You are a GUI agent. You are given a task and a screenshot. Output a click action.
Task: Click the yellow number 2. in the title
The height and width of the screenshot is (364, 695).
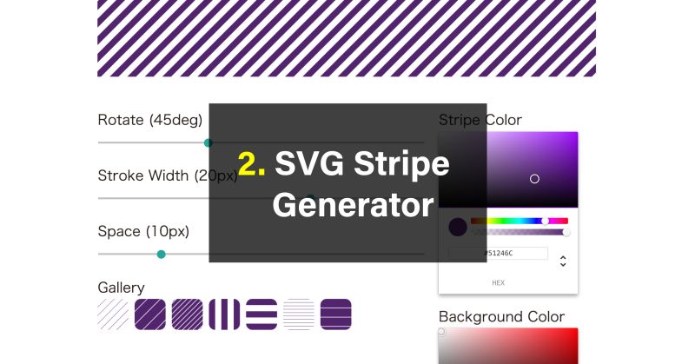[252, 163]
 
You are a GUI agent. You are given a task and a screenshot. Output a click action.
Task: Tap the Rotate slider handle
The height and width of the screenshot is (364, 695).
[208, 142]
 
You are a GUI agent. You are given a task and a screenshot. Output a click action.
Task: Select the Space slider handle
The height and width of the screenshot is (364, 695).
[161, 254]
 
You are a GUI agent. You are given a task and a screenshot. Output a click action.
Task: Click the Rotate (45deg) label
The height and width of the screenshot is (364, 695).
[149, 120]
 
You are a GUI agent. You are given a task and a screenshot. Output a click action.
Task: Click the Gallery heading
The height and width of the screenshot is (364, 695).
[121, 288]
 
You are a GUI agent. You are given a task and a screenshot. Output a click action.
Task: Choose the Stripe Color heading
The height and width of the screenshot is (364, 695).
[480, 120]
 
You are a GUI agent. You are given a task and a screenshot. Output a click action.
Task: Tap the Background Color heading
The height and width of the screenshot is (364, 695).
[501, 316]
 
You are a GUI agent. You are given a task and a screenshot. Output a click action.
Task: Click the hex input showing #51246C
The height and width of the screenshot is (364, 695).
[498, 253]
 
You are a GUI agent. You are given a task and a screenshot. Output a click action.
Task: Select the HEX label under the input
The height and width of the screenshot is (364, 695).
[498, 282]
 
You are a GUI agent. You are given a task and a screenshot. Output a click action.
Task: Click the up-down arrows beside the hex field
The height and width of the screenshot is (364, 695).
[563, 261]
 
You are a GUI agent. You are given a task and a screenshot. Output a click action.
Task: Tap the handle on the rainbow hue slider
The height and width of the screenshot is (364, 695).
[545, 221]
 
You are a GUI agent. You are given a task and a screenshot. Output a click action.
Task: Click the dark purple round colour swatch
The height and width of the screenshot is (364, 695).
[458, 228]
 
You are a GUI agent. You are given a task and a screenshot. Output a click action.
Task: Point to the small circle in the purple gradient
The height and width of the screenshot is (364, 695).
[534, 179]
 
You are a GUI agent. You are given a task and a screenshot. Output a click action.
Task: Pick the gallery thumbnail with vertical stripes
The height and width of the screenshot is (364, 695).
[224, 314]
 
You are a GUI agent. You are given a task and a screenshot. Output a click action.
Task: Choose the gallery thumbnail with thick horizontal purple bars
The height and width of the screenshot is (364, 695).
[261, 314]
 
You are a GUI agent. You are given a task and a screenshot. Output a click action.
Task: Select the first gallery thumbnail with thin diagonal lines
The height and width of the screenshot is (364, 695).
[113, 314]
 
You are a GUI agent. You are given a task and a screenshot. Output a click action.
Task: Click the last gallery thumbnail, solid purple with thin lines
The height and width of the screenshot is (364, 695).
[335, 314]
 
